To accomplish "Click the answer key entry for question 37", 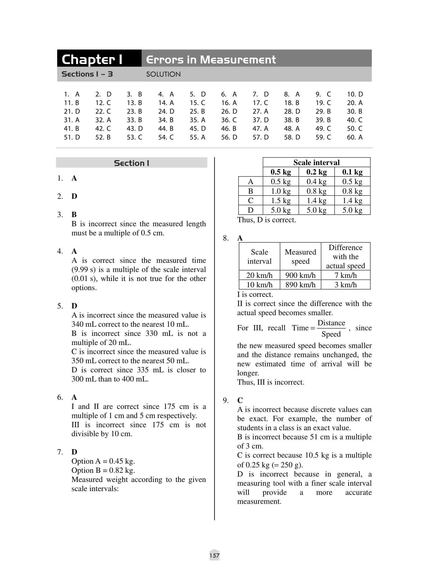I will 261,120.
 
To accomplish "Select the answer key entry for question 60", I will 355,137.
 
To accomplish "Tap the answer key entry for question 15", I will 197,103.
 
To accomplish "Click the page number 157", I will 214,555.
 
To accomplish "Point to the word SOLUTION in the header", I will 163,74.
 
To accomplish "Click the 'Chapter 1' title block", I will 92,59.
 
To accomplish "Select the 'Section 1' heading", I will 132,163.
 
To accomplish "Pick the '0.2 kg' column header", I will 316,172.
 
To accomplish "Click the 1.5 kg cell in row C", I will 281,201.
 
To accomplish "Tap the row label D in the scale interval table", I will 251,210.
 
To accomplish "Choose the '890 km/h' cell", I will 300,285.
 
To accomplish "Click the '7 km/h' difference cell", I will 345,275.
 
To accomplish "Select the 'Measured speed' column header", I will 300,256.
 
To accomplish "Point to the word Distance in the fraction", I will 331,323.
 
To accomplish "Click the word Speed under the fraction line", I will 331,334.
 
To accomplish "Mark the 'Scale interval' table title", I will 316,162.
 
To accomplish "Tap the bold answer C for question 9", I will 240,400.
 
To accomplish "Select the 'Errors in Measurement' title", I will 211,59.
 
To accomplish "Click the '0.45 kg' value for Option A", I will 122,461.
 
